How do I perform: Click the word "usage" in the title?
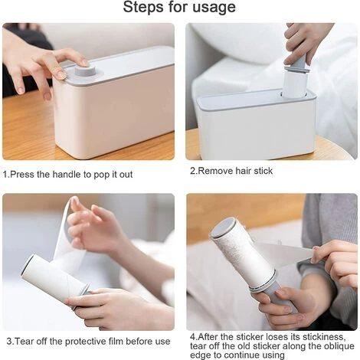(x=214, y=7)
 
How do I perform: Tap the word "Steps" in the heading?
(x=144, y=7)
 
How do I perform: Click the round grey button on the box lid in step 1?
(x=85, y=70)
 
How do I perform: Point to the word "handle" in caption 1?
(x=67, y=175)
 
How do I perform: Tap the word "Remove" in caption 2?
(x=215, y=171)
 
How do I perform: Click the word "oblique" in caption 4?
(x=339, y=346)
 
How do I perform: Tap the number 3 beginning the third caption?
(x=9, y=342)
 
